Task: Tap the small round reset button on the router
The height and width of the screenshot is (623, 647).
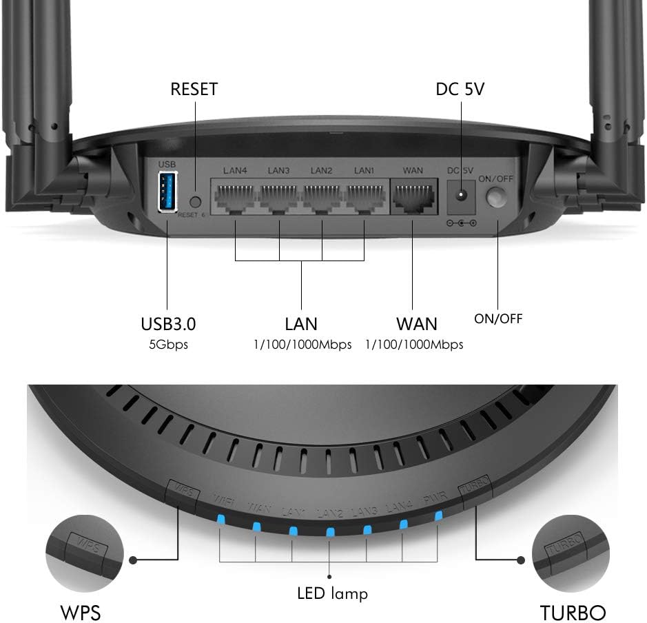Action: click(194, 203)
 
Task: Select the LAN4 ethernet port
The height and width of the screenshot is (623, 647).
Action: click(234, 197)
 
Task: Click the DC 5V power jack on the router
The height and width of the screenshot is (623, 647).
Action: click(460, 198)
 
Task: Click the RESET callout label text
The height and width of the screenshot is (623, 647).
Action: click(194, 90)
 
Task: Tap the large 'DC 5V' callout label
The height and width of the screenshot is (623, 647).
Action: click(460, 90)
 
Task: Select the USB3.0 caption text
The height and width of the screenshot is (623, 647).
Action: click(167, 323)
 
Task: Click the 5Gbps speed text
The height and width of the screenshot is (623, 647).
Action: click(167, 344)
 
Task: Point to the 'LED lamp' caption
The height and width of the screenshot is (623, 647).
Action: click(332, 593)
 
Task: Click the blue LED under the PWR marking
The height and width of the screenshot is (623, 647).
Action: click(438, 516)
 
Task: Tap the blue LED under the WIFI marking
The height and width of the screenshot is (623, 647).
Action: click(220, 520)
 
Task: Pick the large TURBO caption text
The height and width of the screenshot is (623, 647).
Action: click(573, 612)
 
